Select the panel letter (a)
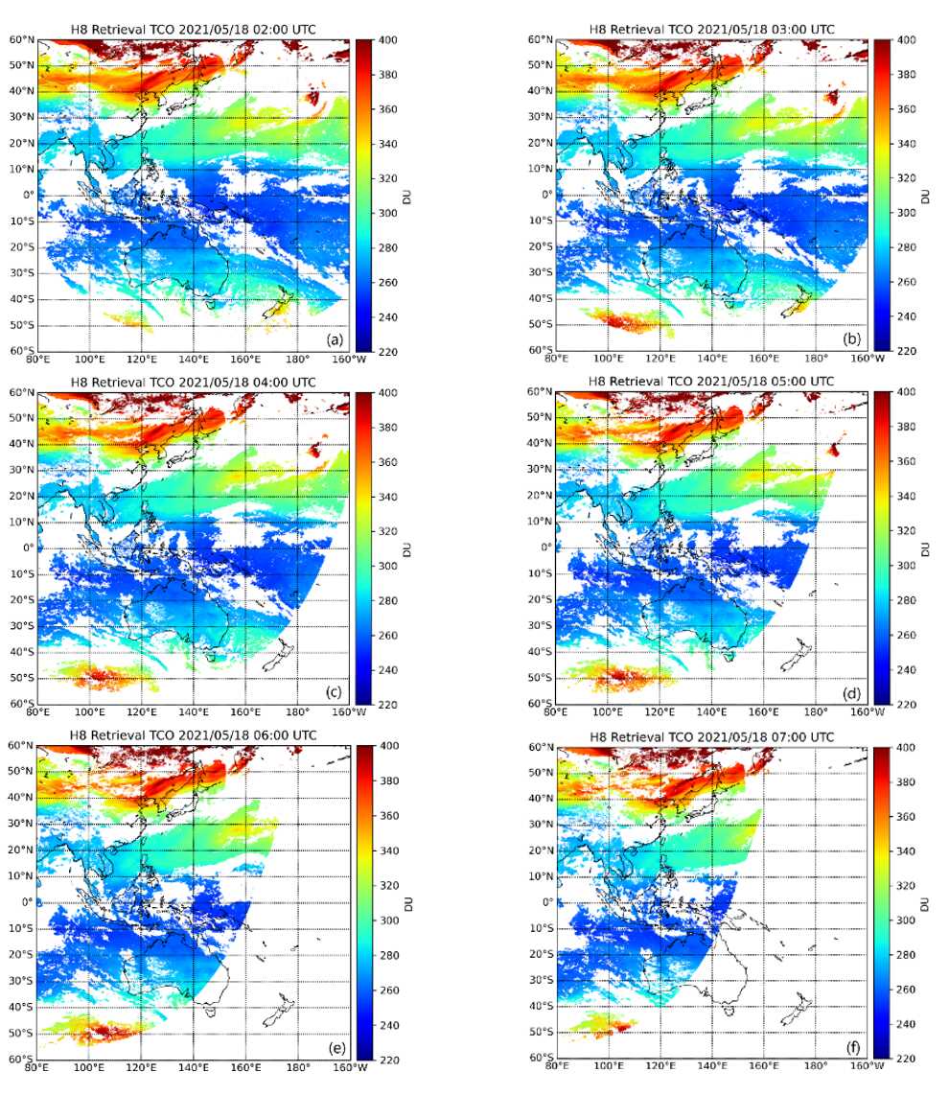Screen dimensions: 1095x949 coord(335,339)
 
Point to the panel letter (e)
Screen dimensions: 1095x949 coord(335,1046)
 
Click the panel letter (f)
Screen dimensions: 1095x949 coord(852,1046)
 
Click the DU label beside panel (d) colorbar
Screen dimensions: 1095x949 coord(926,548)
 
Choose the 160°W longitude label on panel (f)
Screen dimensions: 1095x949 coord(866,1065)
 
